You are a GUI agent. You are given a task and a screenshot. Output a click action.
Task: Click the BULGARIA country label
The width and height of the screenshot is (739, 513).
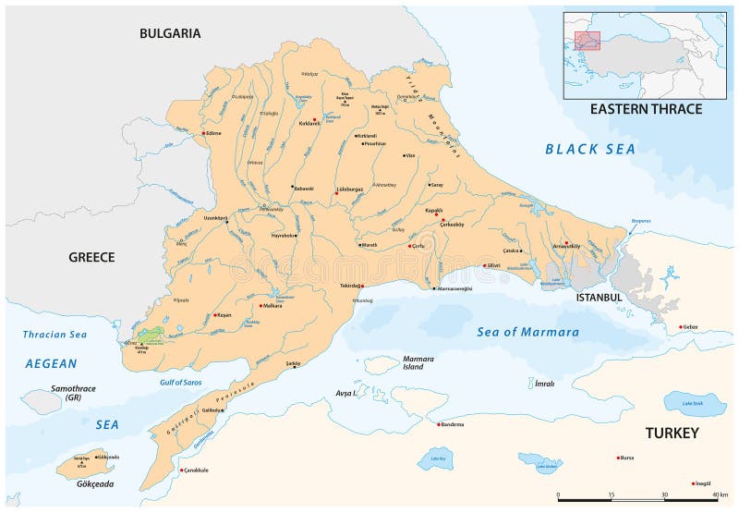[170, 33]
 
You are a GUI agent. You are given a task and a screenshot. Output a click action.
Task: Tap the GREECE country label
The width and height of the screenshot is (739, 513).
[91, 257]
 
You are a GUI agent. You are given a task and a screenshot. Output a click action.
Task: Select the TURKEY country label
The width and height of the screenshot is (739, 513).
[672, 433]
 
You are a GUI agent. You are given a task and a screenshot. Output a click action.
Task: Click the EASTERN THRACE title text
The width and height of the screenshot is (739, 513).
[646, 109]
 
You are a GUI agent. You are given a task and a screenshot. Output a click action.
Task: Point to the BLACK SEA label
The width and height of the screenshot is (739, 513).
[591, 149]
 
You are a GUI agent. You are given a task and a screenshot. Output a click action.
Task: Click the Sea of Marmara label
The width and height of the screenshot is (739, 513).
[528, 332]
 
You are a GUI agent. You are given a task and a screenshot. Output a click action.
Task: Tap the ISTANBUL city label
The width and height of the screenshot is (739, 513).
[599, 298]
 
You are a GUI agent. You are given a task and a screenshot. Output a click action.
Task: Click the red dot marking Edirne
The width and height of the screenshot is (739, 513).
[203, 133]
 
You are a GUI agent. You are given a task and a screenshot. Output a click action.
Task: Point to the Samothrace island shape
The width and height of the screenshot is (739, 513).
[42, 401]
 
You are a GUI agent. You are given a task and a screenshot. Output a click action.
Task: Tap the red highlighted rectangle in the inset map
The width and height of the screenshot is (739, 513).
[588, 41]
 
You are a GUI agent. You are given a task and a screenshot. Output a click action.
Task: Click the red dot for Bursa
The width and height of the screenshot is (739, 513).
[619, 458]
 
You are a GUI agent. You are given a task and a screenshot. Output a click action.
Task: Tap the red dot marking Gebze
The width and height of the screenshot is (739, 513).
[682, 326]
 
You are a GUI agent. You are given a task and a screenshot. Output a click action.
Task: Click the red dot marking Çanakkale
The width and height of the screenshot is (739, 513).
[181, 470]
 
